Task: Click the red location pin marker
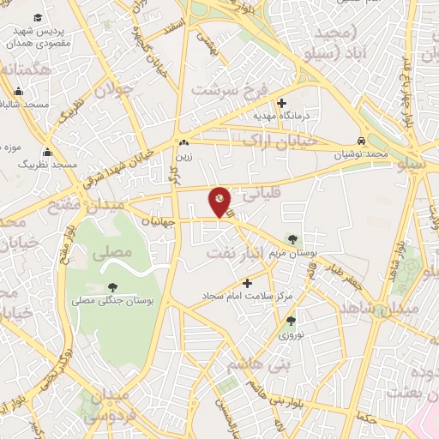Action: coord(220,201)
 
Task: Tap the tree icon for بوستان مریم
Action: coord(295,239)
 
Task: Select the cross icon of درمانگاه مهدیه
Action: coord(281,103)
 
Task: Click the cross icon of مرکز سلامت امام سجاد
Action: coord(248,282)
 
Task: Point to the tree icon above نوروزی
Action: coord(291,321)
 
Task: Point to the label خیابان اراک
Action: coord(280,139)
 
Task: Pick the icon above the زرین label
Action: coord(183,143)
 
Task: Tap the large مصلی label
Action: coord(116,252)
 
